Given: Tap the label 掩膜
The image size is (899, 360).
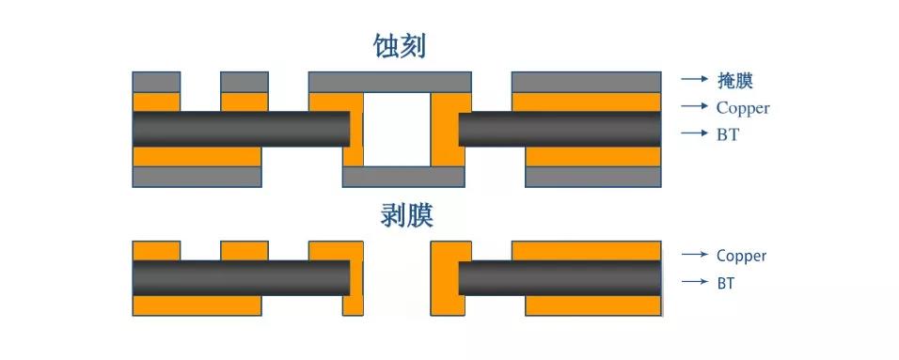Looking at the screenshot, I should (735, 81).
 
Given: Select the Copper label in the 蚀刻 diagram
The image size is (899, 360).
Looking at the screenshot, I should (742, 107).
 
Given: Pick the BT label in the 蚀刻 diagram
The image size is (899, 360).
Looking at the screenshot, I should (727, 134).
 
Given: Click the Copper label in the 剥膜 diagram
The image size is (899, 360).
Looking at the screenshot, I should (741, 255).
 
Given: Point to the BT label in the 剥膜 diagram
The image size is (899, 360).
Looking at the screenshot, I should (725, 282).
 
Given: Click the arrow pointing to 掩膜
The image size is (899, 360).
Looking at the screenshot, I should (694, 80).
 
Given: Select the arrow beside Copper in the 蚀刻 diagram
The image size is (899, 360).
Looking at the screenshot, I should (694, 106).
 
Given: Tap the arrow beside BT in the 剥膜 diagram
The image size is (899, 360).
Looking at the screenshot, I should (694, 281).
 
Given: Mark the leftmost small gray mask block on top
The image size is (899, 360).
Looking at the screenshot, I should (156, 81).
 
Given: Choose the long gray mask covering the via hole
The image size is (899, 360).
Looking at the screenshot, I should (390, 81).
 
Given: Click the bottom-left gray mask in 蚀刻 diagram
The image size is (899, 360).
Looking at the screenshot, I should (197, 176).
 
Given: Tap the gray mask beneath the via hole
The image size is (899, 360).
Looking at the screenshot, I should (403, 176).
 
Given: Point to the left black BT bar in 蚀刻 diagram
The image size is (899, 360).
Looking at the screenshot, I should (240, 129).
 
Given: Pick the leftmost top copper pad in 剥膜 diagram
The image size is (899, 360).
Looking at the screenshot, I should (156, 250).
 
